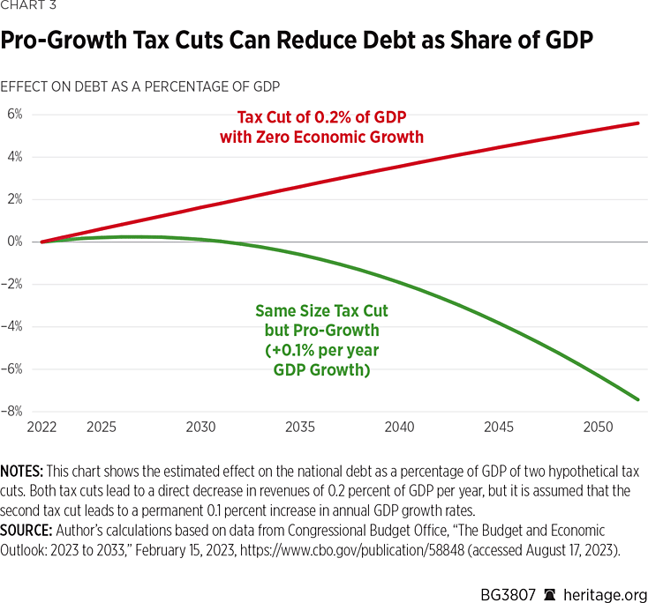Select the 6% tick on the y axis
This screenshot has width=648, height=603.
[x=14, y=115]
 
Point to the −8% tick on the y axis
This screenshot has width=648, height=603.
[x=14, y=411]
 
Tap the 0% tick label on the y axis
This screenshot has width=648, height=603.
[x=14, y=242]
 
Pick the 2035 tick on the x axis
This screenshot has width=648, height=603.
[x=300, y=428]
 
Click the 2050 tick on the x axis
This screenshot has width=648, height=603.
[x=599, y=428]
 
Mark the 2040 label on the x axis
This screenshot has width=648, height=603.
[x=400, y=428]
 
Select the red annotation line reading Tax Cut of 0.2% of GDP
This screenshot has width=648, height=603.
[x=321, y=118]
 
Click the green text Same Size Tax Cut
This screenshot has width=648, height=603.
[x=321, y=311]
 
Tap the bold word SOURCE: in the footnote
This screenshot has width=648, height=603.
[x=28, y=531]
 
